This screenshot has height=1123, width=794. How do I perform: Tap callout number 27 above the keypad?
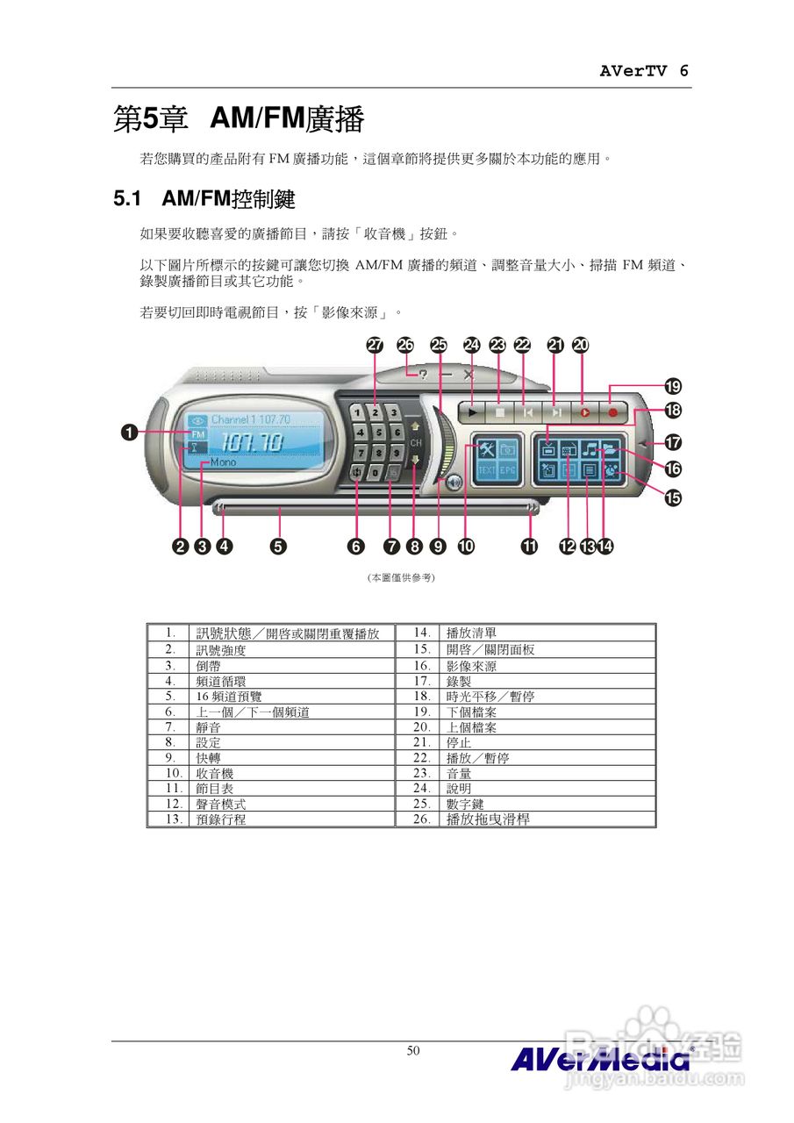tap(375, 346)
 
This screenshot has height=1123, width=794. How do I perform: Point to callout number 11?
tap(530, 546)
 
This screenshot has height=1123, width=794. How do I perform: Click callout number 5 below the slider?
tap(277, 546)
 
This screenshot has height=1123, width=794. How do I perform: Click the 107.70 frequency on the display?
tap(251, 443)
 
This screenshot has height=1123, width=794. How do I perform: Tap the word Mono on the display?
tap(223, 462)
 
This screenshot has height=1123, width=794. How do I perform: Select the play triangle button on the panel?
tap(473, 410)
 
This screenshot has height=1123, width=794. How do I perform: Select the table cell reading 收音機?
tap(214, 774)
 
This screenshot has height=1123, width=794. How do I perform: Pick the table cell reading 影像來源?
tap(471, 667)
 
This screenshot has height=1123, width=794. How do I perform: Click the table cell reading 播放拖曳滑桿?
tap(488, 819)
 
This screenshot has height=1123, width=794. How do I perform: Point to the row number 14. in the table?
tap(421, 633)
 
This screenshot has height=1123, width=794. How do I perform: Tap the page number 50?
tap(413, 1051)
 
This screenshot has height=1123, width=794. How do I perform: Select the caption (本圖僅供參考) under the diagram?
tap(400, 578)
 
